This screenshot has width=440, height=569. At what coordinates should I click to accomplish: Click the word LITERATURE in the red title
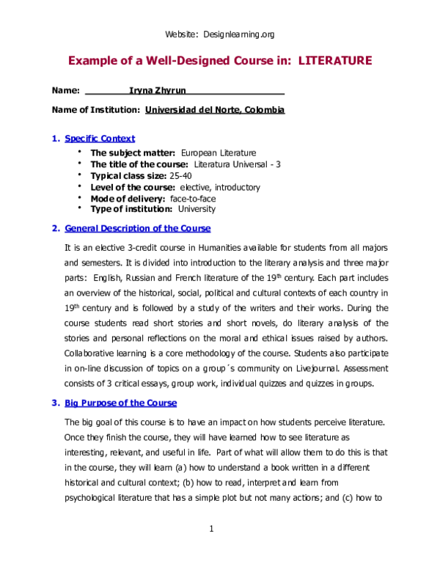335,60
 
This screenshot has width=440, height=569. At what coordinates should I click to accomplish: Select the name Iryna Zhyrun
158,90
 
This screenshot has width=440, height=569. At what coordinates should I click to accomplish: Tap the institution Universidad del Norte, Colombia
215,109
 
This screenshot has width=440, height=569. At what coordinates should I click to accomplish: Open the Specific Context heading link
100,138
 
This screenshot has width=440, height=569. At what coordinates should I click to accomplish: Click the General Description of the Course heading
137,228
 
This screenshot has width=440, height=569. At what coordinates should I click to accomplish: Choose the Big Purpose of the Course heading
120,403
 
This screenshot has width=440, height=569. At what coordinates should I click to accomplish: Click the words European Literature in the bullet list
218,153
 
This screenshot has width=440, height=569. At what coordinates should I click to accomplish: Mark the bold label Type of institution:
133,210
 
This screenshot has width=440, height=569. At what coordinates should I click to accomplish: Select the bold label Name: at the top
66,90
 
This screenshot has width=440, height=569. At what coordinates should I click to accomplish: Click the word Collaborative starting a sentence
91,354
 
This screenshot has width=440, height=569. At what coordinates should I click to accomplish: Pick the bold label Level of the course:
133,187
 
